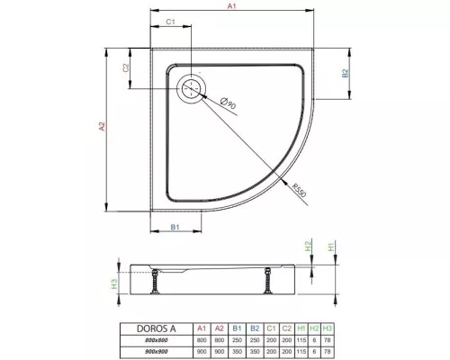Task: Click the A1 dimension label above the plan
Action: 230,7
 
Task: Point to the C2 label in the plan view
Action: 127,68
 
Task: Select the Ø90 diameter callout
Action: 230,105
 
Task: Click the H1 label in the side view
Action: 331,246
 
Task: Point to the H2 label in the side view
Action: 308,246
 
